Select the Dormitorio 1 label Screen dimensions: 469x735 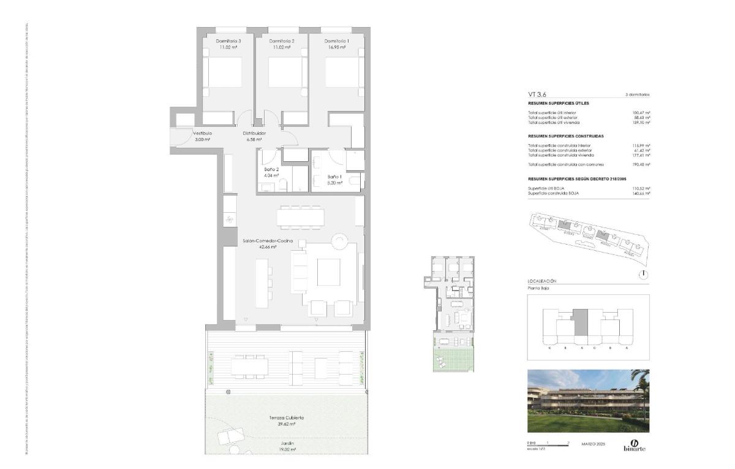(x=336, y=41)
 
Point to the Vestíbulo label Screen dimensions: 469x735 (x=202, y=133)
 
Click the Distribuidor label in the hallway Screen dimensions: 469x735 (x=254, y=133)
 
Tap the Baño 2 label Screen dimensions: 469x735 (x=272, y=169)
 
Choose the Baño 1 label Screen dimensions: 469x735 (x=334, y=177)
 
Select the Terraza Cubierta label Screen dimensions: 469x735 (x=287, y=418)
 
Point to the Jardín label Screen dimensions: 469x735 (x=287, y=443)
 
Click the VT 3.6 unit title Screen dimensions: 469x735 (x=537, y=94)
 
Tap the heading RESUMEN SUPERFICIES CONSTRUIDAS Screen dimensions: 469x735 (x=566, y=135)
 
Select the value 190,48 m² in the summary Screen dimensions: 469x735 (x=641, y=165)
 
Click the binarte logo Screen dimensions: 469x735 (x=634, y=445)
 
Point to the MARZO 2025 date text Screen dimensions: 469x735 (x=593, y=444)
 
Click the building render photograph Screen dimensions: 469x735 (x=588, y=401)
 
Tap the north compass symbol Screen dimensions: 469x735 (x=643, y=275)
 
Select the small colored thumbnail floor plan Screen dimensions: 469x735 (x=452, y=314)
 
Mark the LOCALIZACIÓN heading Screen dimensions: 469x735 (x=542, y=281)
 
